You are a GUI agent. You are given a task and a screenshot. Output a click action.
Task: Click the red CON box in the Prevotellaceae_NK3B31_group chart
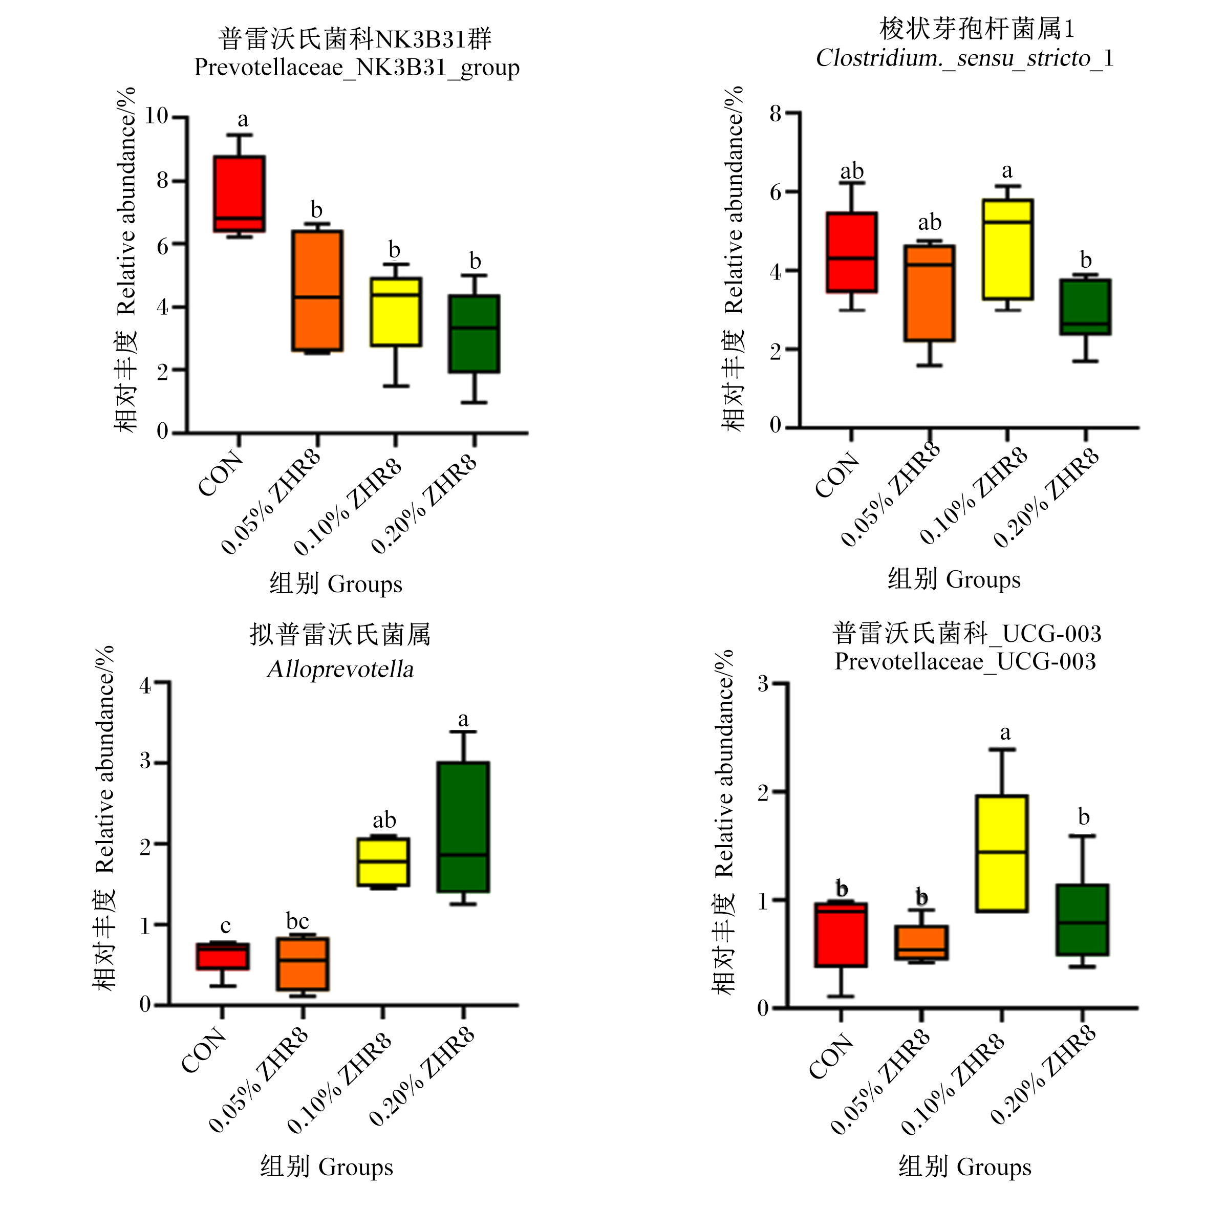coord(239,193)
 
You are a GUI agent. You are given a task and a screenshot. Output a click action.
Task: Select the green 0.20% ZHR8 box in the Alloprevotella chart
coord(463,827)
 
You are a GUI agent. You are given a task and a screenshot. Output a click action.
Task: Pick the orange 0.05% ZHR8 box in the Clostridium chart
coord(930,293)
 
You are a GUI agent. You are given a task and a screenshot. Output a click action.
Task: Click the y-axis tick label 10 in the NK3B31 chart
coord(156,116)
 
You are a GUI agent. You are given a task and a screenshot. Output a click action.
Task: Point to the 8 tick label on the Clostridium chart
coord(776,114)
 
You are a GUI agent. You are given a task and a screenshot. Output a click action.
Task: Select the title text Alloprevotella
coord(341,669)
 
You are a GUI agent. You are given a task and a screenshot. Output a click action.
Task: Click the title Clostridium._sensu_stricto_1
coord(964,58)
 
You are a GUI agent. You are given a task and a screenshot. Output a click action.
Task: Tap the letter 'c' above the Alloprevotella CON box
coord(225,926)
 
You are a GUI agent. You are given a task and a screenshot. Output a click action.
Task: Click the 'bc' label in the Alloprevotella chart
coord(297,920)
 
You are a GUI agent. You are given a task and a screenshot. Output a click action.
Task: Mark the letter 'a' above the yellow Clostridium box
coord(1007,171)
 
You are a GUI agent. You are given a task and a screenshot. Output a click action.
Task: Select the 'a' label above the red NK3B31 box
coord(243,119)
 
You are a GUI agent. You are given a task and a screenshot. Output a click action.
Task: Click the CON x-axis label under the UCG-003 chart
coord(831,1056)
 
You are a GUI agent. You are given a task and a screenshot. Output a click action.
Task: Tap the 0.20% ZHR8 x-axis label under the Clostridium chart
coord(1045,497)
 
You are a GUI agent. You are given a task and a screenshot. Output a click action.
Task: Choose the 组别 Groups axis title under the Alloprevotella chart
coord(327,1167)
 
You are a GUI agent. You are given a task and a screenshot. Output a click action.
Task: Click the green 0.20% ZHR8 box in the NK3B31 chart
coord(474,333)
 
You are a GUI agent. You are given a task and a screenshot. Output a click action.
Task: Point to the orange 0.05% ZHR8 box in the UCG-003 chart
coord(922,942)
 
